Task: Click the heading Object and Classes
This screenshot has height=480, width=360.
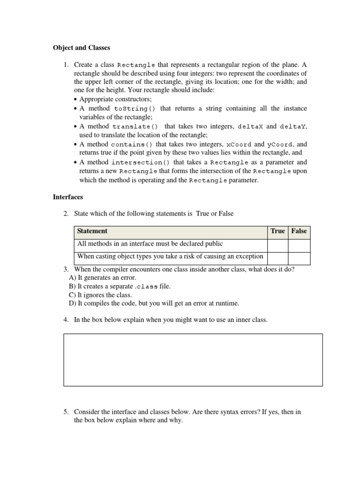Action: click(81, 48)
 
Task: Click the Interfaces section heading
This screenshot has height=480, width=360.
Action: click(68, 197)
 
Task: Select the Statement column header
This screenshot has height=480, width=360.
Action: click(92, 231)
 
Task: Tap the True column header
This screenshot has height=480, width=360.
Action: click(277, 231)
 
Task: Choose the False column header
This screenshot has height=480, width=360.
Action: click(299, 231)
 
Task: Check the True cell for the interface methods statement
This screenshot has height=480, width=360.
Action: click(277, 244)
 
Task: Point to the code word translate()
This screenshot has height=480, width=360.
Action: click(135, 127)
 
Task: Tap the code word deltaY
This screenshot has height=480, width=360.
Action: click(293, 127)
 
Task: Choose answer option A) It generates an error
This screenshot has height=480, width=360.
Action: click(102, 278)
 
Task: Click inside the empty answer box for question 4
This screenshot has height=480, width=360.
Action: click(193, 360)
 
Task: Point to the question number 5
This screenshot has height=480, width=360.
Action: click(66, 412)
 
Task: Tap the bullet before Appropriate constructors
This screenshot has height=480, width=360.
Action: click(76, 100)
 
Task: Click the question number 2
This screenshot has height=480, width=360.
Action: click(66, 214)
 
